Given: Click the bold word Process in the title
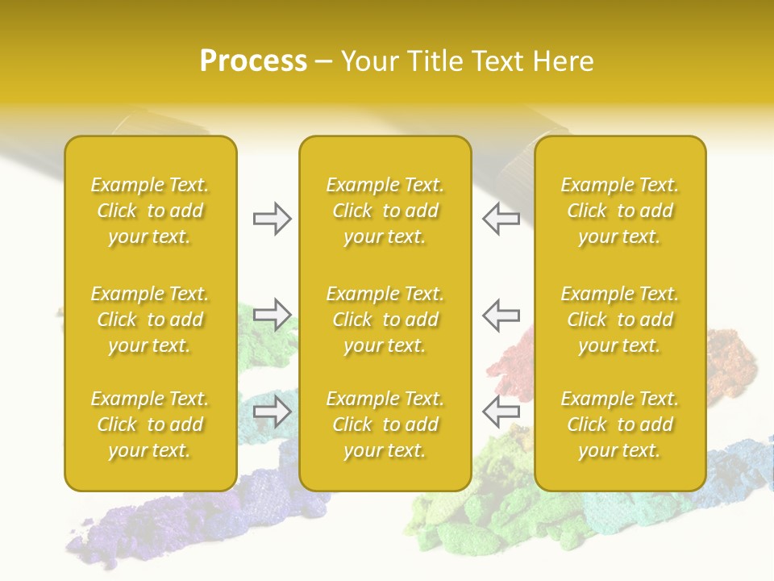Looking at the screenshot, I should (253, 61).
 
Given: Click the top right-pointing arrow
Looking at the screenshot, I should (272, 219).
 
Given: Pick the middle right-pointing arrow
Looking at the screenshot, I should (272, 315).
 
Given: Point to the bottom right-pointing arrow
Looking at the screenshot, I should (272, 411).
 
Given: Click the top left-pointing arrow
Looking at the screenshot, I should (501, 219).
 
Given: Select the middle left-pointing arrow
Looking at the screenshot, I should (501, 315).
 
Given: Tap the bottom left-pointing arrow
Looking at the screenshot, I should (501, 411).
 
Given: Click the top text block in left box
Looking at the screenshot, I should (150, 211).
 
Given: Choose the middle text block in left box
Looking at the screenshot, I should (150, 320).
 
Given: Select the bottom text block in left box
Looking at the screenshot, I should (150, 424).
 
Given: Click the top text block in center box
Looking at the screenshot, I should (385, 211).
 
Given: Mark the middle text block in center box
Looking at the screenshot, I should (385, 320).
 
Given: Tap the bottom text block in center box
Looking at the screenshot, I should (385, 424).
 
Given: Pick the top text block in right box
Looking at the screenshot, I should (619, 211).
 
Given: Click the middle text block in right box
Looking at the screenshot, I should (619, 320).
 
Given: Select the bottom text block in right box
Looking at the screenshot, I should (619, 424).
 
